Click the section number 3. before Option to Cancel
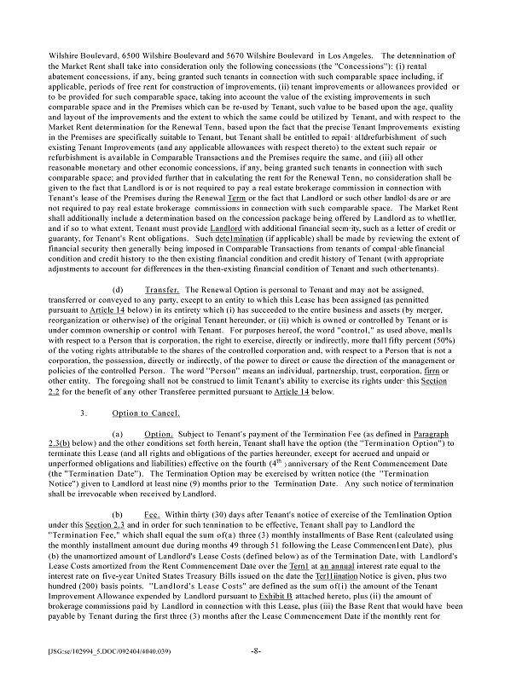click(82, 413)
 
